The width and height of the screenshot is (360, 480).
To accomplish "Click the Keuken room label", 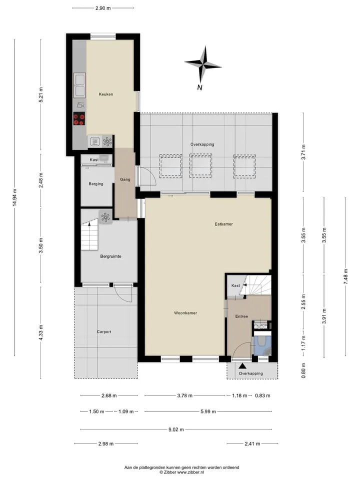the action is point(106,94).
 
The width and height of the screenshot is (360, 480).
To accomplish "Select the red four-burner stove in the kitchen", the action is point(79,119).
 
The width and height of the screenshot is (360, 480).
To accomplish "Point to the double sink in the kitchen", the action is point(79,85).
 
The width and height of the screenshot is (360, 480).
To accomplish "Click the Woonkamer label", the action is point(185,313).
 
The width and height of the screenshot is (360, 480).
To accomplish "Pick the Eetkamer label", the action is point(224,224).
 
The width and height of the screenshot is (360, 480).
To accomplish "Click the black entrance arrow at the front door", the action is point(242,365).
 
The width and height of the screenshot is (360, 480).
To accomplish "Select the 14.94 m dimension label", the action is point(14,197).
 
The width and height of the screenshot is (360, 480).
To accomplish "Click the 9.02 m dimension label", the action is point(176,429).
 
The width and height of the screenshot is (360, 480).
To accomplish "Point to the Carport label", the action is point(104,331).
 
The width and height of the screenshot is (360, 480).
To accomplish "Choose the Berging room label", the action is point(96,184).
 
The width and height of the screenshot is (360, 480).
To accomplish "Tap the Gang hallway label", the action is point(125,179).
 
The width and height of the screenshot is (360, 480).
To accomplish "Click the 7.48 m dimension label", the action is point(345,276).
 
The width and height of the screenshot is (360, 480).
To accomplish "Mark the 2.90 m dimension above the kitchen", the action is point(103,8).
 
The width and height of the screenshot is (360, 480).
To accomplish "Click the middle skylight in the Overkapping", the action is point(200,165).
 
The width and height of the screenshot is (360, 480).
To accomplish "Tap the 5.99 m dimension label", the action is point(208,411).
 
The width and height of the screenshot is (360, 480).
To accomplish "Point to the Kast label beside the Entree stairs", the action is point(235,285).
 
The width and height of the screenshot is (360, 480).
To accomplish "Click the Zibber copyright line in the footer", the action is point(182,472).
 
